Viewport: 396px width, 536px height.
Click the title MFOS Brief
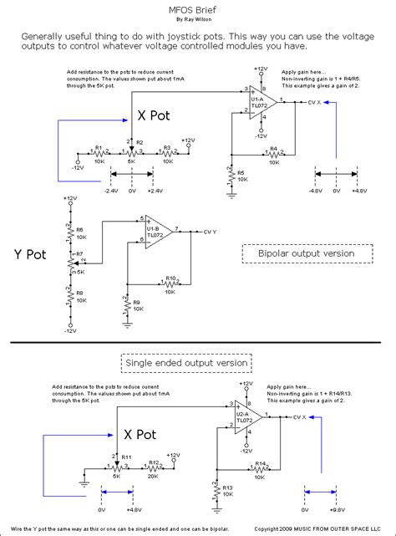tap(197, 6)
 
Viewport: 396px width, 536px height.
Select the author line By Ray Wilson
tap(197, 18)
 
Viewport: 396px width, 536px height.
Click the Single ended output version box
tap(186, 363)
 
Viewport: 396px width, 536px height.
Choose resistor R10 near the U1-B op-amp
tap(170, 282)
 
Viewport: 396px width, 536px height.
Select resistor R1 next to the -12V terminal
tap(99, 154)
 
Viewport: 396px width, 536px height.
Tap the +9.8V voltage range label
tap(337, 507)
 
